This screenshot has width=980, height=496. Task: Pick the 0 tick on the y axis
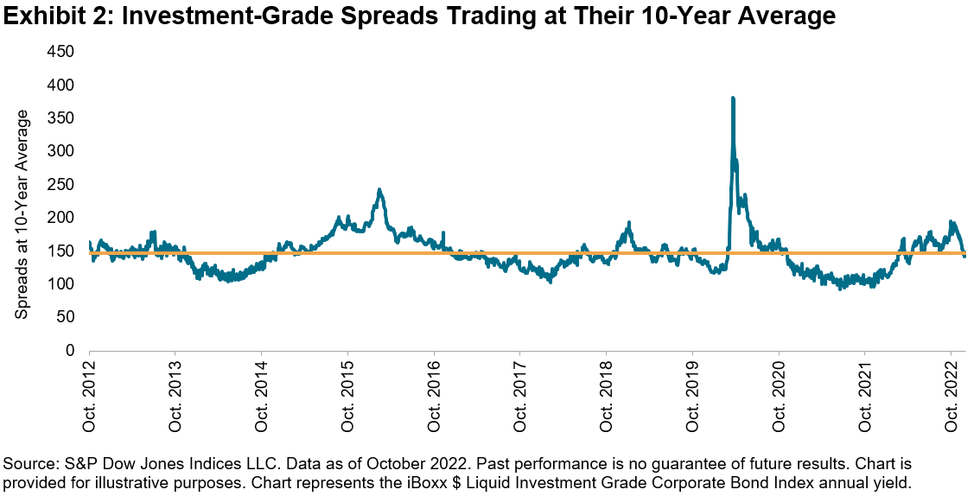coord(72,350)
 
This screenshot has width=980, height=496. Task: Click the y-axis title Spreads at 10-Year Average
coord(22,214)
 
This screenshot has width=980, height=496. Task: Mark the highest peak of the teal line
coord(733,99)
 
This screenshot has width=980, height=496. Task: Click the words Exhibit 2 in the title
coord(54,16)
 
